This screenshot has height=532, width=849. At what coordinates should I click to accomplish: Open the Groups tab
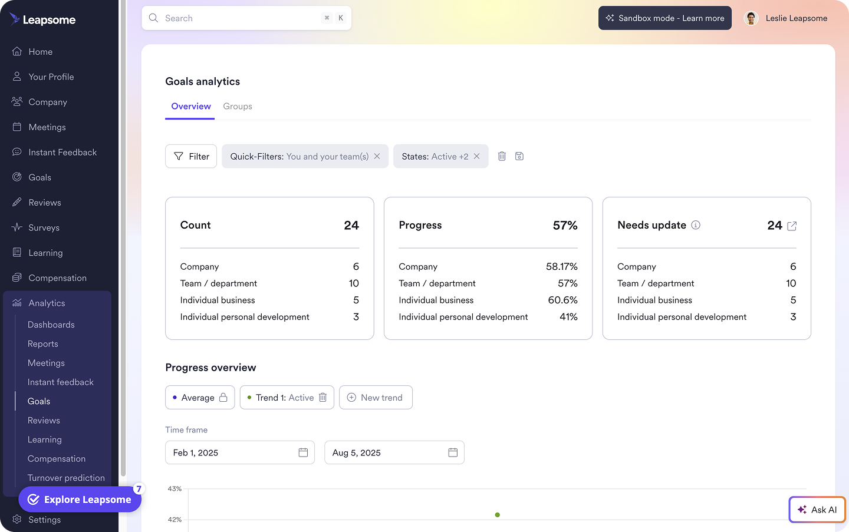238,107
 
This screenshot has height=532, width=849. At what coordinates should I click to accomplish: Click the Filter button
191,156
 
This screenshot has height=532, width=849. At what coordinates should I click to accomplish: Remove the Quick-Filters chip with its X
377,156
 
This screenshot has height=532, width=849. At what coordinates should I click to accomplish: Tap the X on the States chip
477,156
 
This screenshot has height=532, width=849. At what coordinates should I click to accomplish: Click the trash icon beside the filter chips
502,156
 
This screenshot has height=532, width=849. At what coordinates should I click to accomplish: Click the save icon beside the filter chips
519,156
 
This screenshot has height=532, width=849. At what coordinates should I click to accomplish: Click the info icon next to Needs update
696,225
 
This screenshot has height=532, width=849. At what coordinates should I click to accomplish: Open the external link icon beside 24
792,226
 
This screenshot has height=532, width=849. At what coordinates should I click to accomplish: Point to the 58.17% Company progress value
561,267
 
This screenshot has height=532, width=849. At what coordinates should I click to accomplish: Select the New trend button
376,398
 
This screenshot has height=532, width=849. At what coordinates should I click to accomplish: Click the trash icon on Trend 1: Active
323,398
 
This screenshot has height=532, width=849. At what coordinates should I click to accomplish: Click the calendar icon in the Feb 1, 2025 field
303,452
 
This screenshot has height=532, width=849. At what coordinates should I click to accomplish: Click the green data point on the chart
498,515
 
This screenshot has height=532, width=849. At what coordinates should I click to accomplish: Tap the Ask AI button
817,510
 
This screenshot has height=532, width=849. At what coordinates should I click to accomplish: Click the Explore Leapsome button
80,500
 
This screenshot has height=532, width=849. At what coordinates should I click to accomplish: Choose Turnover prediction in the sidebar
66,478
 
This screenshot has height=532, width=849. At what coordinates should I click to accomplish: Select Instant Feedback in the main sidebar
62,152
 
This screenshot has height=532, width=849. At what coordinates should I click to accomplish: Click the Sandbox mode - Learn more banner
665,18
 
